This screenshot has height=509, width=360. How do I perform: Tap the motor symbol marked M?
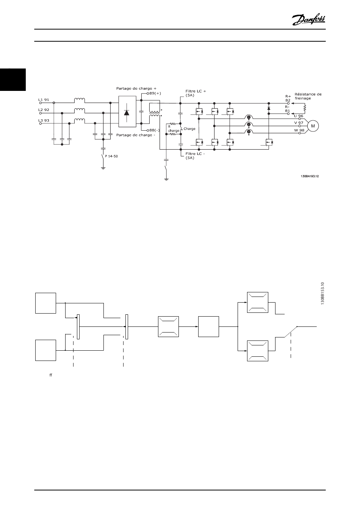[x=313, y=126]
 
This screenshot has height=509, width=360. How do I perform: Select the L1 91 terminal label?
[x=44, y=100]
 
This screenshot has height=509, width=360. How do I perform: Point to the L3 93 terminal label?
[x=44, y=120]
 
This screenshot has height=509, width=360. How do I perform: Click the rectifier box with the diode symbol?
[x=127, y=111]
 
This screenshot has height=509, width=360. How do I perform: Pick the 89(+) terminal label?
[x=155, y=94]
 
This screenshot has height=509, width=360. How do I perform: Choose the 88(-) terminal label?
[x=155, y=130]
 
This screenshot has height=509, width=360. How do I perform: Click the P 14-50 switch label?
[x=111, y=156]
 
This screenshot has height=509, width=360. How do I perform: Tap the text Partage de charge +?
[x=136, y=88]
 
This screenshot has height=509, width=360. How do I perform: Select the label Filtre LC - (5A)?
[x=195, y=156]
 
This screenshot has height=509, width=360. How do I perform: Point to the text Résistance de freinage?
[x=308, y=96]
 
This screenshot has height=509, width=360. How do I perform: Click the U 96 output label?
[x=299, y=116]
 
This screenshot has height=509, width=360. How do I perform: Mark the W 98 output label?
[x=299, y=130]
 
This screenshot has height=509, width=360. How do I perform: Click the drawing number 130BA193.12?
[x=310, y=176]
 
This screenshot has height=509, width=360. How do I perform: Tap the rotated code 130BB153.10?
[x=322, y=294]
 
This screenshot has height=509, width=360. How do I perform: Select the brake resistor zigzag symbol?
[x=305, y=108]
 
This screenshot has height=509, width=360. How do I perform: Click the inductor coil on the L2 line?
[x=80, y=111]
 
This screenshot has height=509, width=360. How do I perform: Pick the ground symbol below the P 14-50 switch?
[x=103, y=169]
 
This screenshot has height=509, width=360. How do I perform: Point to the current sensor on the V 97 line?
[x=249, y=125]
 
